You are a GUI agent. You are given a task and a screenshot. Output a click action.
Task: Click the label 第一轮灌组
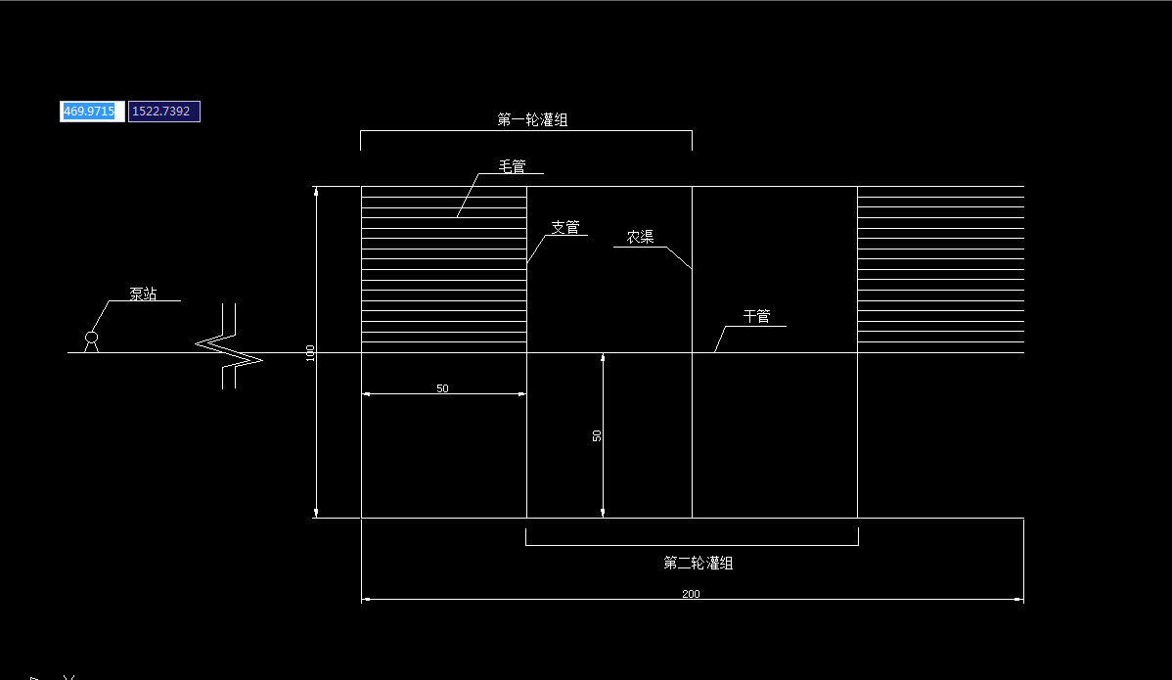click(x=532, y=120)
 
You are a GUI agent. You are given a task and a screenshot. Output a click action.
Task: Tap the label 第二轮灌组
click(x=699, y=563)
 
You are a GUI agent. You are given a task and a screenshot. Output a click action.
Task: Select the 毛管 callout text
click(x=513, y=166)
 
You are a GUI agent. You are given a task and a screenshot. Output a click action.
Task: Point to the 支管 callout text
click(x=565, y=228)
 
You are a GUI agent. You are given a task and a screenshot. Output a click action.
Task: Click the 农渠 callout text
click(x=641, y=238)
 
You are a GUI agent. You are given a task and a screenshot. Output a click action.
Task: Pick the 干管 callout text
click(x=756, y=317)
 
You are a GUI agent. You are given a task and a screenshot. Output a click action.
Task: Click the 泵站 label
click(x=143, y=294)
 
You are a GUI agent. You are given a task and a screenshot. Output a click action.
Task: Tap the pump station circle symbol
click(x=91, y=338)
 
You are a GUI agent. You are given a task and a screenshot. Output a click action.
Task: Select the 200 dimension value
click(x=692, y=594)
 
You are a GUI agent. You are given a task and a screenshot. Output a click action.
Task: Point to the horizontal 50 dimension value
click(x=442, y=388)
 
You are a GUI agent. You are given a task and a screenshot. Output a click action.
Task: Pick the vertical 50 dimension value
click(x=597, y=435)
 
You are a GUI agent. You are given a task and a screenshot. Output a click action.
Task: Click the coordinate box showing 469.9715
click(x=90, y=112)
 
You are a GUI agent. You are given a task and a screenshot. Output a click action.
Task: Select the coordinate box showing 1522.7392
click(x=164, y=112)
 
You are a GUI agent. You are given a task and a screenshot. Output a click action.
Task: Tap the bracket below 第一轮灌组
click(x=526, y=131)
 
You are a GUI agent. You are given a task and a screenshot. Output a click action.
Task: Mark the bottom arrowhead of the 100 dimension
click(x=316, y=512)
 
